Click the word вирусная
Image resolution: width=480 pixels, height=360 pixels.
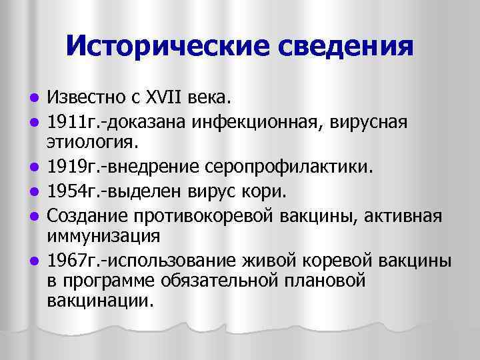click(363, 121)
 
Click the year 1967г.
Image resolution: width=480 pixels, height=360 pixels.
click(71, 260)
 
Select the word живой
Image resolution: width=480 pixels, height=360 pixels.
click(269, 260)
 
